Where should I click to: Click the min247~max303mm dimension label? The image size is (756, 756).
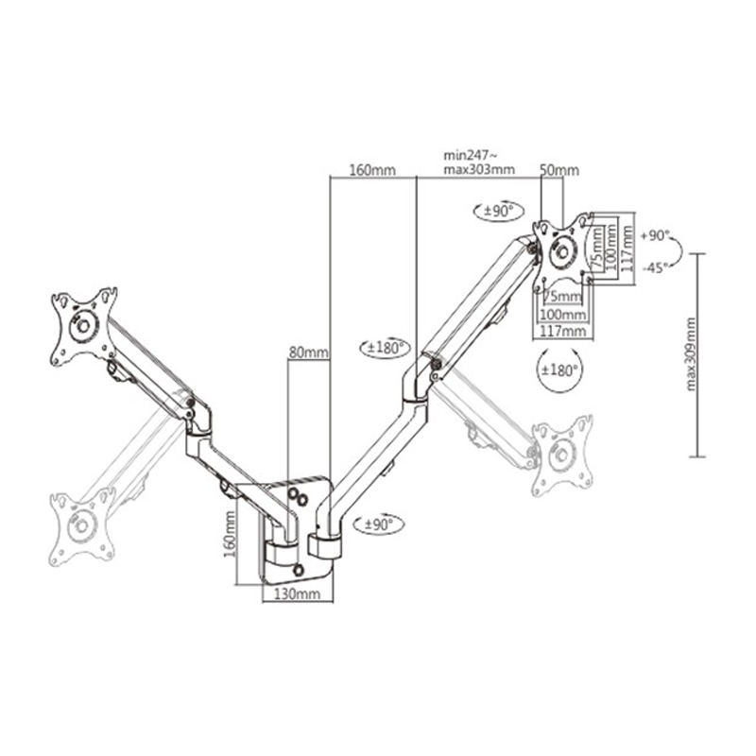[x=479, y=163]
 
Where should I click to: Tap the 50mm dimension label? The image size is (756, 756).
[x=559, y=170]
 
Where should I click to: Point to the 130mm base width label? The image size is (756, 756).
[x=297, y=594]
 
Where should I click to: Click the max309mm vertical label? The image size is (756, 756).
[x=691, y=353]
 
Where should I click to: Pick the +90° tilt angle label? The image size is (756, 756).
[x=655, y=236]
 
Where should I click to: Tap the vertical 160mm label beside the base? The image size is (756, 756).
[x=230, y=533]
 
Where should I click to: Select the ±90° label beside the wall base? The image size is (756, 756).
[x=379, y=524]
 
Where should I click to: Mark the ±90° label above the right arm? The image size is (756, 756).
[x=499, y=211]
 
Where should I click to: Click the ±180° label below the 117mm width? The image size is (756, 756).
[x=559, y=370]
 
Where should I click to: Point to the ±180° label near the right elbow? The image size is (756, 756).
[x=385, y=348]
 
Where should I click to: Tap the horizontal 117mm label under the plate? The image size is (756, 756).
[x=562, y=332]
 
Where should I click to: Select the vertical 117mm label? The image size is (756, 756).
[x=627, y=249]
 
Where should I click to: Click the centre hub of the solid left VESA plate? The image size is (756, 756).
[x=83, y=326]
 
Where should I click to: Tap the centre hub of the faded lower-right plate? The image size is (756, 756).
[x=561, y=455]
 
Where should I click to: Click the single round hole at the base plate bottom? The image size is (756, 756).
[x=299, y=570]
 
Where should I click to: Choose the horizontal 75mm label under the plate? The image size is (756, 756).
[x=562, y=297]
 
